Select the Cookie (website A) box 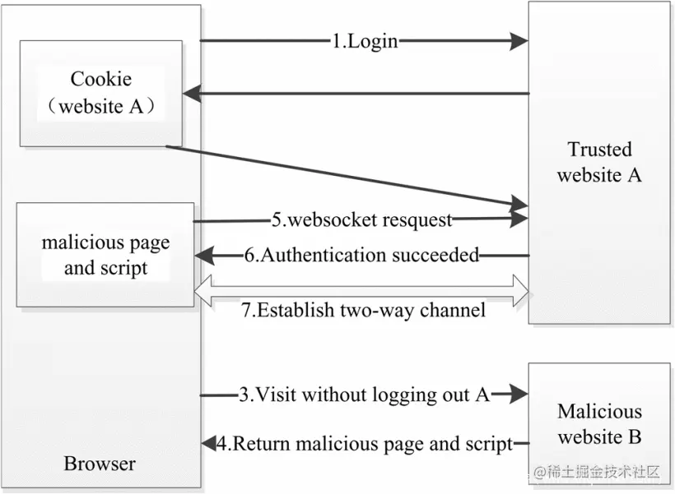pos(100,93)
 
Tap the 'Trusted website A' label pos(599,162)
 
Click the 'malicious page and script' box pos(105,255)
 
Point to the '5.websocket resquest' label pos(362,219)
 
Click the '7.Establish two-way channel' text pos(363,310)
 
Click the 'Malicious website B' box pos(598,423)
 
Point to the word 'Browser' pos(100,464)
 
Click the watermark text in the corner pos(597,472)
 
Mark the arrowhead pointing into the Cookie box pos(192,94)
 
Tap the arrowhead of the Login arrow pos(518,40)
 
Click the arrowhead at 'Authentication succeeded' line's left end pos(202,255)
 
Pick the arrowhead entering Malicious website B pos(518,395)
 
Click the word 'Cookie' pos(100,80)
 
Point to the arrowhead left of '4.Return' pos(207,444)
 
